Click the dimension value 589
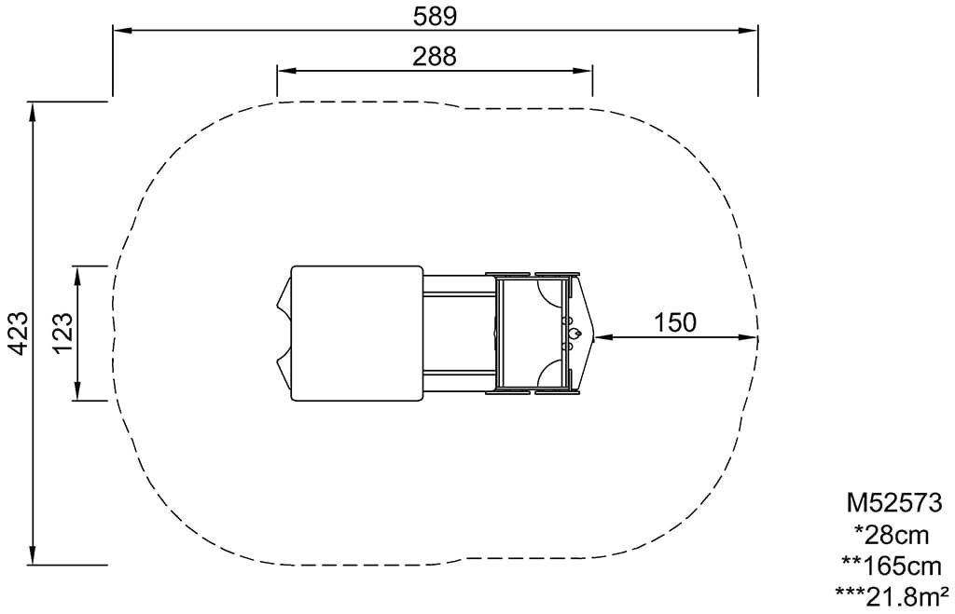[x=435, y=16]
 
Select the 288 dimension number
[x=435, y=56]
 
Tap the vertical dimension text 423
[x=20, y=334]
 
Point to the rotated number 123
[x=63, y=333]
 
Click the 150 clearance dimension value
[x=675, y=322]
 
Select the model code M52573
[x=894, y=502]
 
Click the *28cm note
[x=893, y=535]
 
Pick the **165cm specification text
[x=892, y=566]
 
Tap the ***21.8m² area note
[x=892, y=596]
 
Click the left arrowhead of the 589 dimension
[x=122, y=30]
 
